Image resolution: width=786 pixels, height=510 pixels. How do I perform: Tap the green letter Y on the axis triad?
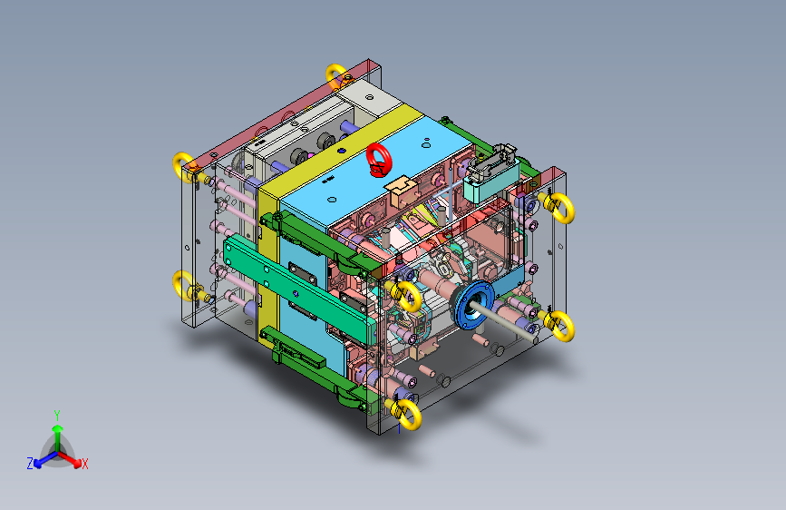(x=57, y=416)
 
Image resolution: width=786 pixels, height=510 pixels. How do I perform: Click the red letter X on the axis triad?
(x=84, y=465)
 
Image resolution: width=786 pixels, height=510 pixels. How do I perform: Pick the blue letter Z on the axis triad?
(x=30, y=464)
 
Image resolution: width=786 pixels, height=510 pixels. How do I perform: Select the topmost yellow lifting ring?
(x=336, y=75)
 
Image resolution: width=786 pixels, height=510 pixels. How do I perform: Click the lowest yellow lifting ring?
(x=405, y=413)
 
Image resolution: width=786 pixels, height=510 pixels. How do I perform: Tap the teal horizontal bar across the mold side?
(x=299, y=290)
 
